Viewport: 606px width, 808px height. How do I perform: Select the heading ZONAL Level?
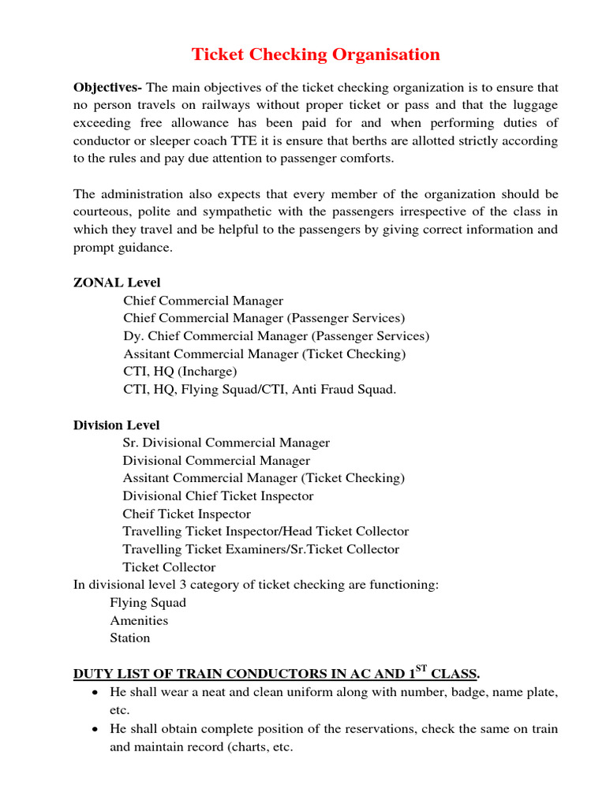tap(117, 282)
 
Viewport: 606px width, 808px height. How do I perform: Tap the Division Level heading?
tap(117, 425)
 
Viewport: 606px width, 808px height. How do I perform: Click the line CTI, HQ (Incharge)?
tap(180, 372)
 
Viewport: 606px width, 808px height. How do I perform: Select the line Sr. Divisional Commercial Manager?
tap(226, 443)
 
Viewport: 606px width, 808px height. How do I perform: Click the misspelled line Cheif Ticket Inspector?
tap(187, 514)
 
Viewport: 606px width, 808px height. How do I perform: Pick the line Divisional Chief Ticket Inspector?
tap(218, 496)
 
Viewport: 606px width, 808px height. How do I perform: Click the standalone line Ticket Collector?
tap(169, 567)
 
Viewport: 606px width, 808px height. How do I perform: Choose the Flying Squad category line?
tap(148, 603)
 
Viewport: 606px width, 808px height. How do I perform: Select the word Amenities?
tap(139, 621)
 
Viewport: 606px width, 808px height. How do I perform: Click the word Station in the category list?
tap(130, 638)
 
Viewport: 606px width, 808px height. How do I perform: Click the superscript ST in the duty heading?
tap(421, 670)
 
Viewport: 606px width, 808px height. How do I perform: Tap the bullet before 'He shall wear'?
tap(95, 693)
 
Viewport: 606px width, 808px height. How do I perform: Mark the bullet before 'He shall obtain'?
tap(95, 729)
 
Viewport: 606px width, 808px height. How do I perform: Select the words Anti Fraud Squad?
tap(351, 390)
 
